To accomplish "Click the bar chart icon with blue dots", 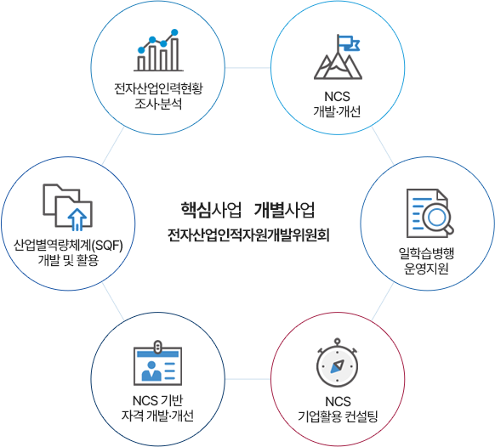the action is coord(158,50).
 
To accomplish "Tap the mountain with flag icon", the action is coord(338,57).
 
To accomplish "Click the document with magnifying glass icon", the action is coord(430,213).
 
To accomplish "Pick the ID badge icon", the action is coord(158,363).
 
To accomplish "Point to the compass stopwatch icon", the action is coord(337,363).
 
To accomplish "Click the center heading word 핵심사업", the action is coord(211,210).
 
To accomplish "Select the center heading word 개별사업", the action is coord(284,210).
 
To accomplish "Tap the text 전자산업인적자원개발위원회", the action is coord(248,235).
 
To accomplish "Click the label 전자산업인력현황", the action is coord(158,88).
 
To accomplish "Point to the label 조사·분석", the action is coord(158,104).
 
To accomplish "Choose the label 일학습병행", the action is coord(426,253).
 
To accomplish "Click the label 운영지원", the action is coord(426,269).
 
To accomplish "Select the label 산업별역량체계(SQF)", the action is coord(68,246).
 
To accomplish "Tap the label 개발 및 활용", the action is coord(68,260).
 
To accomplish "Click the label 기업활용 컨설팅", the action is coord(338,416).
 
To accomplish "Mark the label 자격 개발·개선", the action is coord(157,416).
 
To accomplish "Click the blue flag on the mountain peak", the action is coord(350,42).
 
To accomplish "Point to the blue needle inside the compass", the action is coord(337,366).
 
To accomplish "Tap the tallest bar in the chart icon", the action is coord(174,54).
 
